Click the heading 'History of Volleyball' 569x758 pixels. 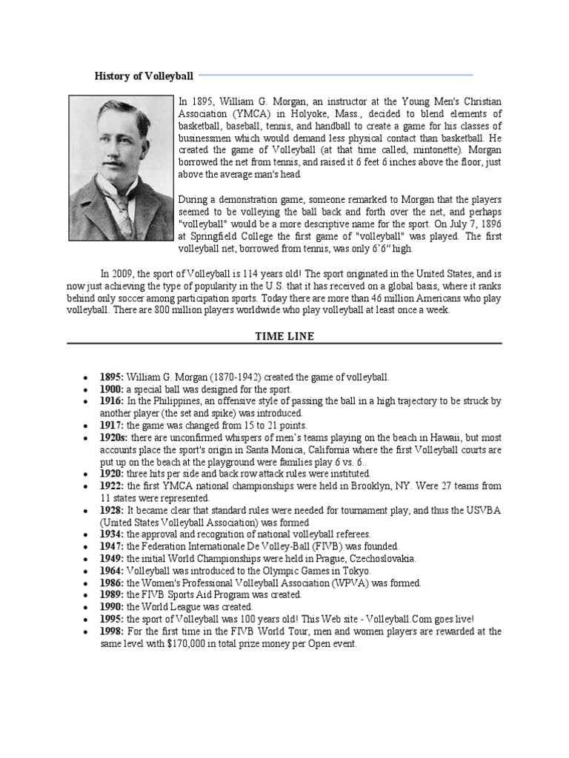(144, 76)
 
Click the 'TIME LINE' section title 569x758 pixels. (284, 336)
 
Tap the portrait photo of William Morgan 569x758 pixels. (120, 157)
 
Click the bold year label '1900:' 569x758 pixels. (112, 389)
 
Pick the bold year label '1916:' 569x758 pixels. (112, 401)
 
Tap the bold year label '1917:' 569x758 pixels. (112, 426)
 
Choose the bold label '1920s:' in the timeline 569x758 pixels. (115, 437)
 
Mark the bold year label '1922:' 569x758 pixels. (112, 486)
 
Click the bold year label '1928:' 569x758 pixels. (112, 510)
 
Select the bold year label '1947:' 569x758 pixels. (112, 546)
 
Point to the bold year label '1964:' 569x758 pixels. (112, 571)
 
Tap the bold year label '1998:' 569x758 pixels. (112, 631)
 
